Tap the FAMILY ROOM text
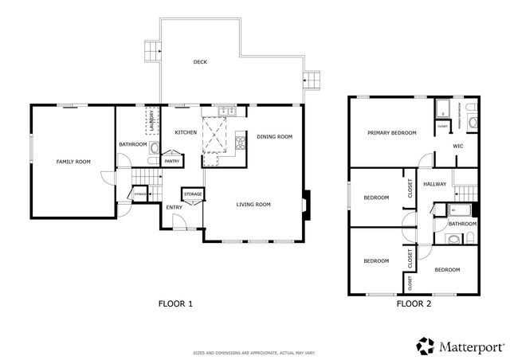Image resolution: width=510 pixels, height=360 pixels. [x=73, y=162]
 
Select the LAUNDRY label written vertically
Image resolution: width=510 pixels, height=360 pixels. [x=151, y=123]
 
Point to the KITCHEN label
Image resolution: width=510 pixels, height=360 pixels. [x=186, y=132]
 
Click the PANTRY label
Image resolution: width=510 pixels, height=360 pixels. [x=172, y=161]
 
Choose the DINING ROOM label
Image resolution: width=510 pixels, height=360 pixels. [x=275, y=137]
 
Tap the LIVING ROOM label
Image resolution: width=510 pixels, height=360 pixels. [x=253, y=205]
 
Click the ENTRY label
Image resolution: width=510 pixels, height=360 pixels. [x=175, y=208]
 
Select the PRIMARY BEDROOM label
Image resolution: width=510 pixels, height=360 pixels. [x=392, y=133]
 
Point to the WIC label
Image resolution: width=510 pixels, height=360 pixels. [x=458, y=147]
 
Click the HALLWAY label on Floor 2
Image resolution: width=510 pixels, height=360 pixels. [x=435, y=184]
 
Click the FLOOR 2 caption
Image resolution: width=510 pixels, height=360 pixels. [x=414, y=303]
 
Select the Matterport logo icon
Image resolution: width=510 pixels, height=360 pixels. [x=424, y=346]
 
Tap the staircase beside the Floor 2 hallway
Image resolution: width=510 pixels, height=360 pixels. [x=466, y=194]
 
